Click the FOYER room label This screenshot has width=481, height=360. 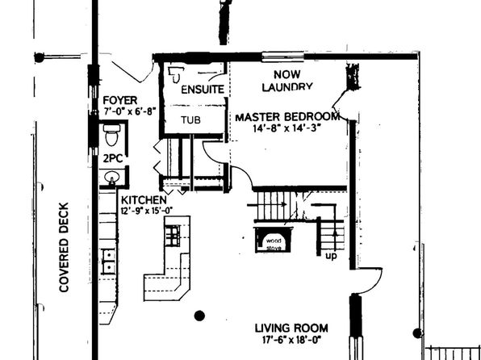tap(120, 100)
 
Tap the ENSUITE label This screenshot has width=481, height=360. tap(203, 90)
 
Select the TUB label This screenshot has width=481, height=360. tap(190, 119)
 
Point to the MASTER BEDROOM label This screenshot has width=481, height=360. tap(287, 117)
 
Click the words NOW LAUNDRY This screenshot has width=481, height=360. tap(287, 81)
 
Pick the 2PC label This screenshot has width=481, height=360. tap(113, 158)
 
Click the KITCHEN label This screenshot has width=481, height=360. tap(144, 200)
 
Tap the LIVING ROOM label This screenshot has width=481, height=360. tap(291, 328)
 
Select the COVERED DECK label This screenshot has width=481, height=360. tap(64, 247)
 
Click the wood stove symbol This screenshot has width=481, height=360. tap(274, 240)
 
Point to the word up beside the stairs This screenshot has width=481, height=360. tap(331, 256)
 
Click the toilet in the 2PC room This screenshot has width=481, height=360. tap(111, 135)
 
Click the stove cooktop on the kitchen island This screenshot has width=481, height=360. tap(173, 236)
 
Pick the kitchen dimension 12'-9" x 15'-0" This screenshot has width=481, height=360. tap(147, 211)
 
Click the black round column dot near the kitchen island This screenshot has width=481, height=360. tap(199, 316)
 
